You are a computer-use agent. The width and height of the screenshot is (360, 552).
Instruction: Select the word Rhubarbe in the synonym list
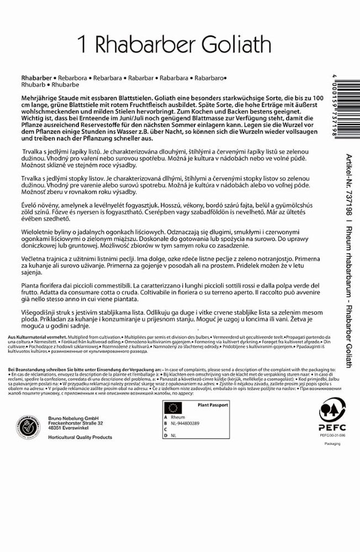click(65, 86)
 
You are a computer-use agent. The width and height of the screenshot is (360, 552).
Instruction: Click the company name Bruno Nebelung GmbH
click(71, 417)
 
